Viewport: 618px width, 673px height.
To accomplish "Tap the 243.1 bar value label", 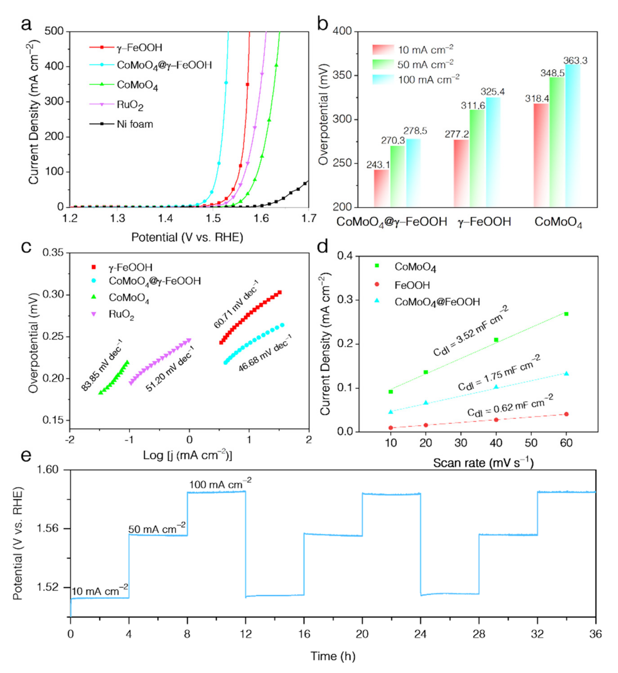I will point(378,165).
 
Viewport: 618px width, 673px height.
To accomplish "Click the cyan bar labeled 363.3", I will point(573,135).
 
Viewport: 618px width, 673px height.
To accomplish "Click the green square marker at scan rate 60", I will point(566,314).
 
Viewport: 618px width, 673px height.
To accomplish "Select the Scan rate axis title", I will point(483,463).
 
